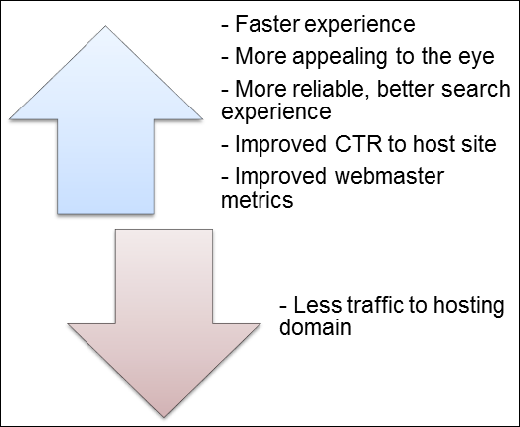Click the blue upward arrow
[x=105, y=132]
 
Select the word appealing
[x=340, y=57]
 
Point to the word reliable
[x=331, y=89]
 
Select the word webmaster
[x=390, y=176]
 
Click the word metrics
[x=258, y=199]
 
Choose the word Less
[x=317, y=305]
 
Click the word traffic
[x=375, y=305]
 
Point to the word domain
[x=315, y=327]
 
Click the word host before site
[x=435, y=144]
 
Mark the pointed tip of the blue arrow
[x=105, y=26]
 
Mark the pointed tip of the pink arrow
[x=164, y=417]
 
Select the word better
[x=406, y=89]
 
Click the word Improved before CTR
[x=280, y=144]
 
